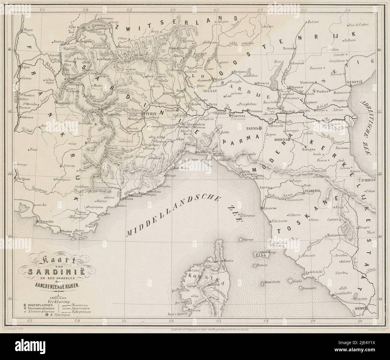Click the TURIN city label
coord(151,114)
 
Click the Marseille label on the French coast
coord(45,221)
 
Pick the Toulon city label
coord(67,231)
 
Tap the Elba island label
coord(258,255)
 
